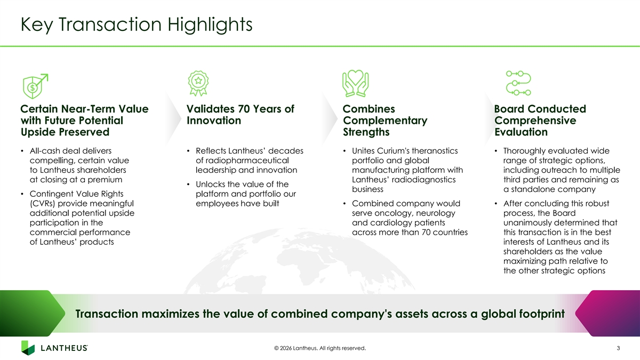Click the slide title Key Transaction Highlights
point(137,25)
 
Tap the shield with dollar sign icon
point(35,86)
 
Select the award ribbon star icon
point(198,83)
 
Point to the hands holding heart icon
point(355,83)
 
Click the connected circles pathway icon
point(518,83)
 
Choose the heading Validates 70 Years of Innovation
point(241,115)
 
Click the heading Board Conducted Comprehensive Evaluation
point(540,121)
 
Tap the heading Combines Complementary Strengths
point(385,121)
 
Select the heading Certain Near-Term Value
point(85,109)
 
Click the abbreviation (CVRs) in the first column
point(43,203)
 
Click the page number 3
point(618,348)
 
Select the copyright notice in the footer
point(320,348)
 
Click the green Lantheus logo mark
point(28,348)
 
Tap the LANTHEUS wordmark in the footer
point(65,348)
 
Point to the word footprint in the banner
point(542,314)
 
